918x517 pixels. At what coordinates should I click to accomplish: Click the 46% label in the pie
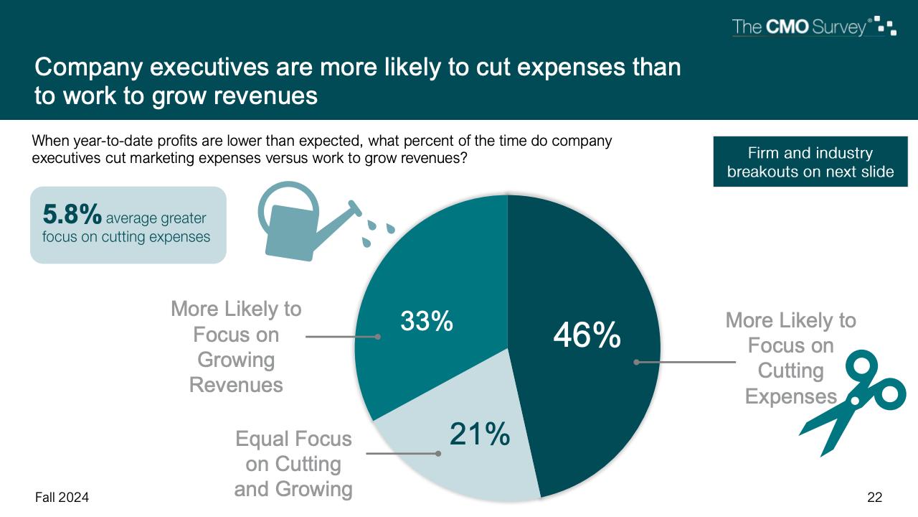point(586,335)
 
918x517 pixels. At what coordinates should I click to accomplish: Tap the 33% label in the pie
point(426,322)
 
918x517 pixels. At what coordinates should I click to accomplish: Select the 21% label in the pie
point(479,434)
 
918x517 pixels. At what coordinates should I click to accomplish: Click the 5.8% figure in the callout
point(72,215)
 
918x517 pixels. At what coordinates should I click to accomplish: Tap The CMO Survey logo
point(813,27)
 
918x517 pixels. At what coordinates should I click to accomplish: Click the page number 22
point(874,497)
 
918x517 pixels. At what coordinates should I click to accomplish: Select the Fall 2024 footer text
point(62,497)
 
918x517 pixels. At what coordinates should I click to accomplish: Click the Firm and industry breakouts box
point(810,162)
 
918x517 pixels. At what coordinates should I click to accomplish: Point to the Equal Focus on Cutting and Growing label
point(293,464)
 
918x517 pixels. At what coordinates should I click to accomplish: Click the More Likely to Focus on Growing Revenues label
point(236,347)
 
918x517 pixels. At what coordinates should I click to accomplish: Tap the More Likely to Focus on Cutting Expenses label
point(790,358)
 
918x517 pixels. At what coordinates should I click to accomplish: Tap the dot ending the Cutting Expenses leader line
point(636,362)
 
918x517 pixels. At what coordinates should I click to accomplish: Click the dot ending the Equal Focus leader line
point(437,453)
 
